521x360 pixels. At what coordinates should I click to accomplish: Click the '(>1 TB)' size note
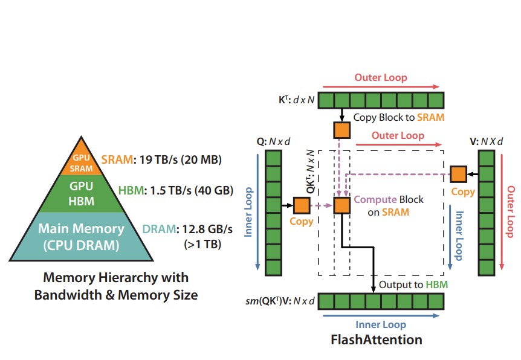pyautogui.click(x=202, y=245)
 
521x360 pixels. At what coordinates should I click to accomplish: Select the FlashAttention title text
pyautogui.click(x=377, y=339)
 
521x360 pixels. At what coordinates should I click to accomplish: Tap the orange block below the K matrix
pyautogui.click(x=342, y=129)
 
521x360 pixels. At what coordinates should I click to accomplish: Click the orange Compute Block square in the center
pyautogui.click(x=342, y=205)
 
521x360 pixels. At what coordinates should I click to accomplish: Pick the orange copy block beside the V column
pyautogui.click(x=459, y=175)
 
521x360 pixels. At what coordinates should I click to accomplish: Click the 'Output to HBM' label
pyautogui.click(x=413, y=284)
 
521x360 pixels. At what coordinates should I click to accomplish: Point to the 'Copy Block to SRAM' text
pyautogui.click(x=398, y=117)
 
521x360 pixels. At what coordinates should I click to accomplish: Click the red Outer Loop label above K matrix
pyautogui.click(x=381, y=77)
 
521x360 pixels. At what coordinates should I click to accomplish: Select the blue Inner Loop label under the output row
pyautogui.click(x=381, y=324)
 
